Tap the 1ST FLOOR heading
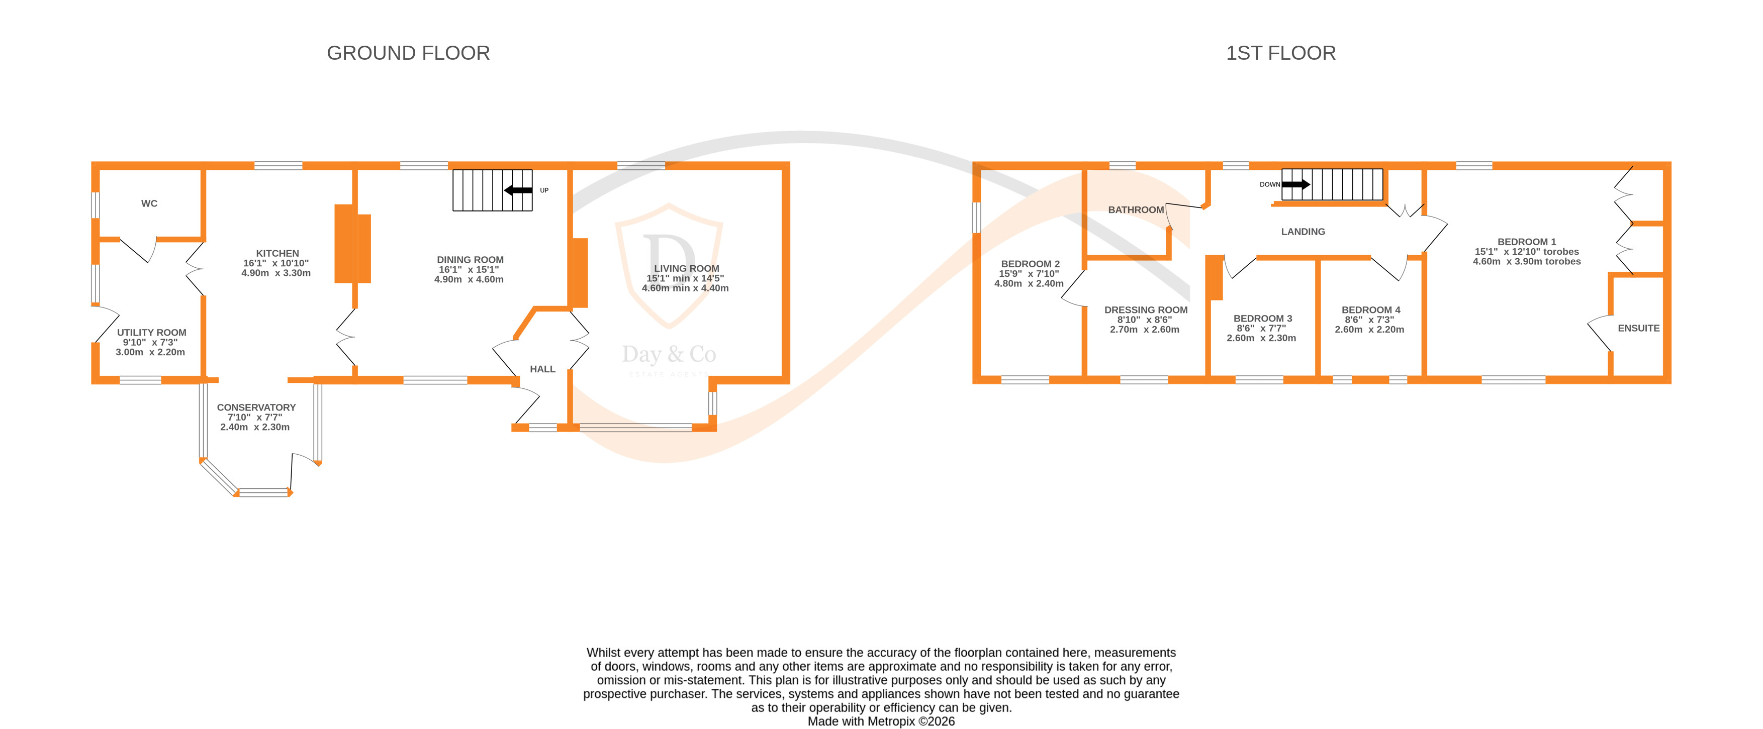click(x=1280, y=53)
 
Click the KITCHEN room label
click(x=277, y=254)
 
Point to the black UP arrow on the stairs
click(x=518, y=190)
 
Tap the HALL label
click(x=543, y=369)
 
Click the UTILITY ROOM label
click(x=151, y=333)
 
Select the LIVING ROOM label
click(x=686, y=269)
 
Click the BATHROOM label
click(x=1136, y=210)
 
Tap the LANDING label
click(x=1303, y=232)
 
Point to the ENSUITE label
click(x=1638, y=328)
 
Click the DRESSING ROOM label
click(x=1146, y=310)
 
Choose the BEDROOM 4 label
click(x=1370, y=310)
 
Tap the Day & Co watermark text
click(x=669, y=354)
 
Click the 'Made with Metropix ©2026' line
click(x=881, y=721)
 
